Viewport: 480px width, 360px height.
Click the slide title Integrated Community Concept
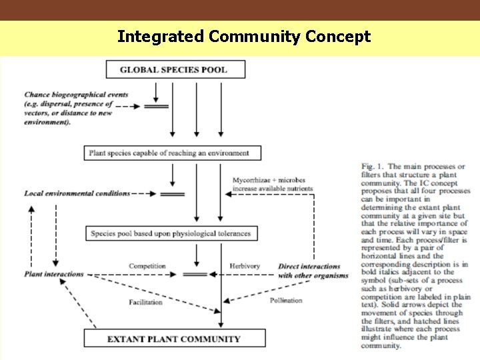pyautogui.click(x=243, y=37)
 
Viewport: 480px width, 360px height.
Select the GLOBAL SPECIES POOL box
pyautogui.click(x=175, y=69)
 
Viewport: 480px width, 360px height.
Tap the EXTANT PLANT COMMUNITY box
pyautogui.click(x=173, y=339)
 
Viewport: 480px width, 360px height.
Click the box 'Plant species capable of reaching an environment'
pyautogui.click(x=173, y=153)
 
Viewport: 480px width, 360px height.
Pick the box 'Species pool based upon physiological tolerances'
pyautogui.click(x=171, y=233)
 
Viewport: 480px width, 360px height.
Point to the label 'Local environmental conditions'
pyautogui.click(x=77, y=193)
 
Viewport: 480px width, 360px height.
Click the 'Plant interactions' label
pyautogui.click(x=54, y=274)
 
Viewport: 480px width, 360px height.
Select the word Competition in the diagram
pyautogui.click(x=147, y=266)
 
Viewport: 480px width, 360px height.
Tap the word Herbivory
pyautogui.click(x=244, y=266)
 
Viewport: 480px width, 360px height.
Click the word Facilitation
pyautogui.click(x=145, y=302)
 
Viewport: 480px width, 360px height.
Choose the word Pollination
pyautogui.click(x=286, y=301)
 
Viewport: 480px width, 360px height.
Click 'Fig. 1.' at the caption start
pyautogui.click(x=373, y=167)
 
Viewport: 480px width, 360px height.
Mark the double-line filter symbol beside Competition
pyautogui.click(x=195, y=274)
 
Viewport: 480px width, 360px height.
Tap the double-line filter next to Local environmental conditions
pyautogui.click(x=173, y=194)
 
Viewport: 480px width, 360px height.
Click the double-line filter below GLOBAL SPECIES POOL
pyautogui.click(x=157, y=106)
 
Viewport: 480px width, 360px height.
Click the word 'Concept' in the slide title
pyautogui.click(x=338, y=37)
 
